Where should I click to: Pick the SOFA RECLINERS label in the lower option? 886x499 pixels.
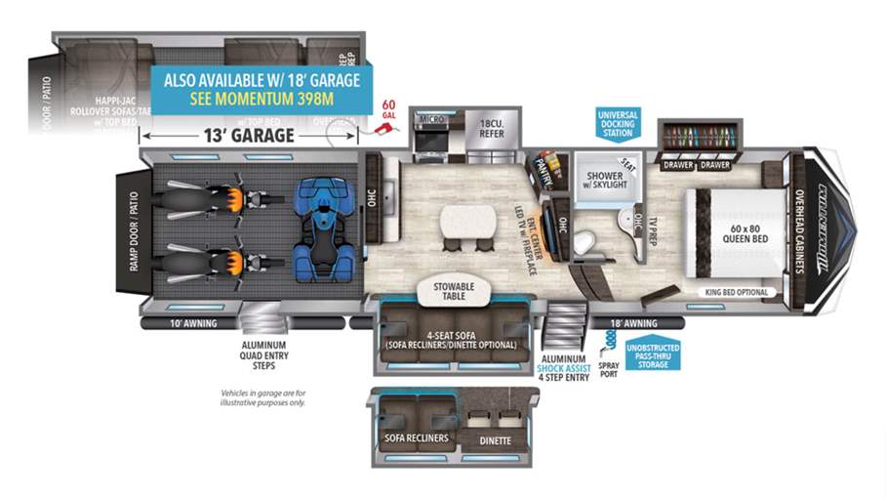(x=417, y=438)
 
